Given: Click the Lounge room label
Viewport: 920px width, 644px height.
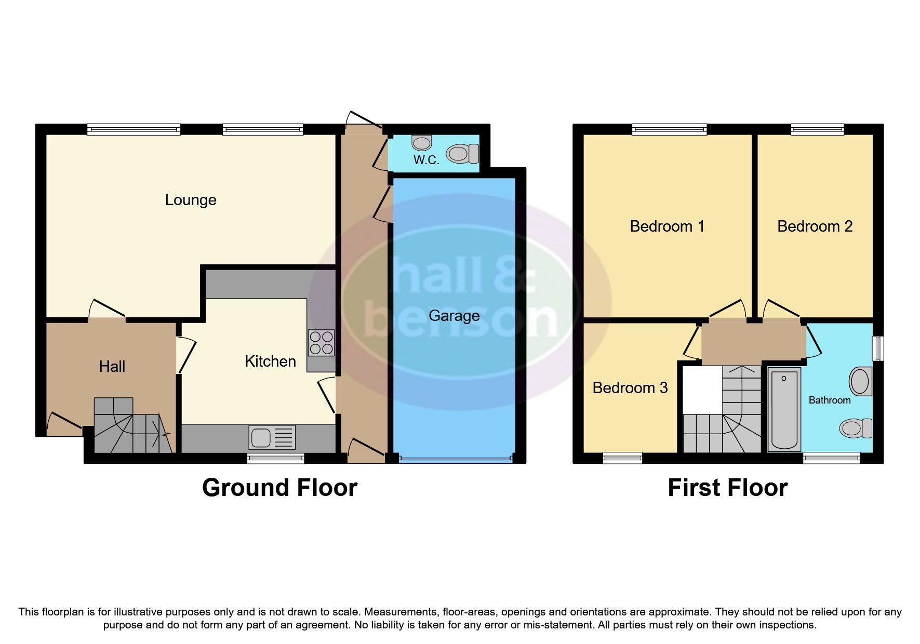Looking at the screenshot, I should click(191, 200).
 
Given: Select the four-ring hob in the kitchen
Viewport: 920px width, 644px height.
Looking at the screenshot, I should click(321, 343).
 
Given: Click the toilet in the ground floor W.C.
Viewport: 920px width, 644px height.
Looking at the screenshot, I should click(462, 154).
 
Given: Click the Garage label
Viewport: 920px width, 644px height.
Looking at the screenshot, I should click(454, 316).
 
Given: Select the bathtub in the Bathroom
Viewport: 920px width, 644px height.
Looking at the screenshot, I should click(784, 408).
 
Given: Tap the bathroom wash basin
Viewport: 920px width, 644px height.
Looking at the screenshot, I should click(860, 381).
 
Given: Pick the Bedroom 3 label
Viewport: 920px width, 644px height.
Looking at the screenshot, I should click(630, 388).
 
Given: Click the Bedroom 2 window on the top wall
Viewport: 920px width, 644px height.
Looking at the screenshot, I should click(817, 129).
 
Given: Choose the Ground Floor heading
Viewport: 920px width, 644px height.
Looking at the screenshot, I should click(279, 488).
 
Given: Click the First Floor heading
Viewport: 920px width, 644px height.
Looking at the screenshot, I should click(727, 488).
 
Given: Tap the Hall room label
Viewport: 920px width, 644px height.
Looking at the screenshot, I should click(112, 367).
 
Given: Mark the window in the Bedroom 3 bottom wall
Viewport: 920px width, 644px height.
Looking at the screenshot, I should click(622, 458).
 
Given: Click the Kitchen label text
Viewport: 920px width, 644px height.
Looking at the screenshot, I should click(270, 361).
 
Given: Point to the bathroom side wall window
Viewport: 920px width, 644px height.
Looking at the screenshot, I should click(877, 348).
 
